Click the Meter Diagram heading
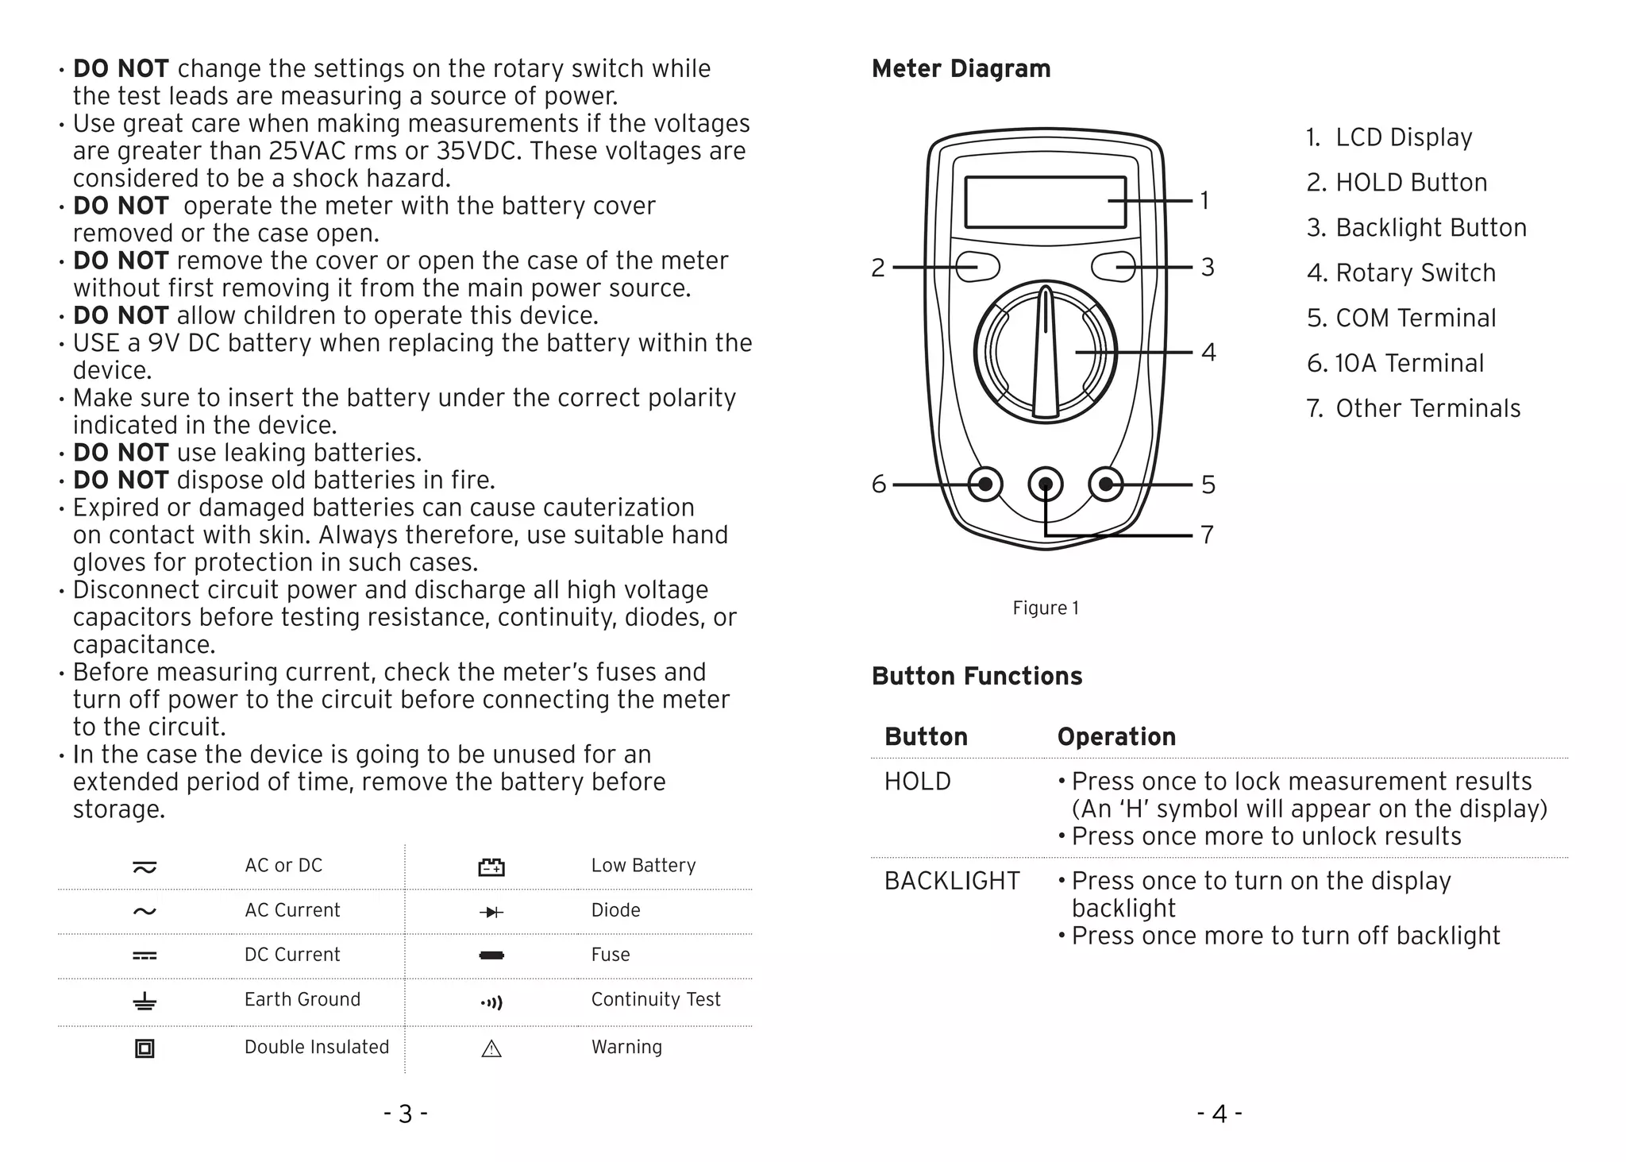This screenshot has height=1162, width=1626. click(x=961, y=69)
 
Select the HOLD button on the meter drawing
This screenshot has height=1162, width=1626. click(x=977, y=267)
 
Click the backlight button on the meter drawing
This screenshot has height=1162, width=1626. click(x=1113, y=267)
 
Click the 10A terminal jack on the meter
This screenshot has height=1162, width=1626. click(x=985, y=484)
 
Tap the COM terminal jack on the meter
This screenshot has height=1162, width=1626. click(x=1106, y=484)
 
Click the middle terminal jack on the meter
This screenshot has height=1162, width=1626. click(x=1046, y=484)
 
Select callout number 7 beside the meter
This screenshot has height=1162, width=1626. click(x=1208, y=535)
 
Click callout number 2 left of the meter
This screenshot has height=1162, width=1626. click(x=877, y=268)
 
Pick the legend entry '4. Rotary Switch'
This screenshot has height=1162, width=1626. click(x=1401, y=273)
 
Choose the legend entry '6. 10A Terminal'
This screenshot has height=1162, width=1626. click(x=1395, y=364)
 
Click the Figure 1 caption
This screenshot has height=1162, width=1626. click(x=1046, y=608)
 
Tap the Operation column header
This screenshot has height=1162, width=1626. click(x=1116, y=737)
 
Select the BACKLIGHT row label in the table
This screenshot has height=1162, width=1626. click(x=952, y=881)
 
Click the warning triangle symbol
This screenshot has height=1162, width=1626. click(x=491, y=1049)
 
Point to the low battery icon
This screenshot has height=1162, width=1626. click(x=491, y=867)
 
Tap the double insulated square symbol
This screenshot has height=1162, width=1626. click(x=144, y=1048)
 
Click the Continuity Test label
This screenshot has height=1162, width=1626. click(x=656, y=1000)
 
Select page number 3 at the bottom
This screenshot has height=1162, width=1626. click(x=406, y=1114)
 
